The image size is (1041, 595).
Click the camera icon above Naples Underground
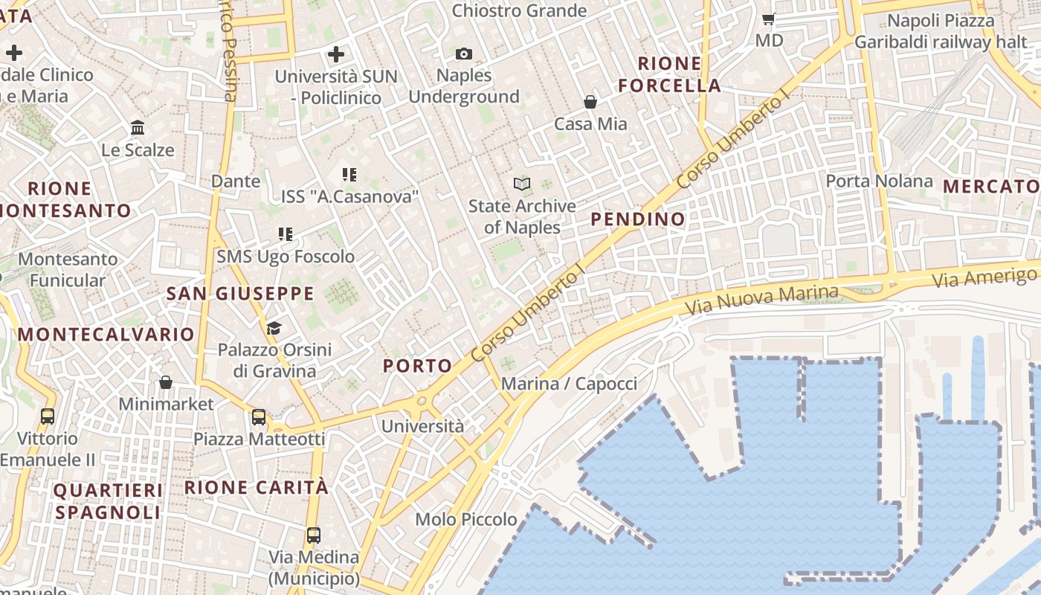point(463,54)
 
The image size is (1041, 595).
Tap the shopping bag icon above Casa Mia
point(590,102)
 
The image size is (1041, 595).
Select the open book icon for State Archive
point(522,184)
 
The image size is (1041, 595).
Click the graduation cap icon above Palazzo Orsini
point(274,328)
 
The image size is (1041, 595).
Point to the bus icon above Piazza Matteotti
point(259,417)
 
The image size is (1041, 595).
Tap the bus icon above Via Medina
point(314,535)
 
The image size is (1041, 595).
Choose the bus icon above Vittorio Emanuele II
point(48,416)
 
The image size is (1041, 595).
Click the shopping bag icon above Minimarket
point(166,382)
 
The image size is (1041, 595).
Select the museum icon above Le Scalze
point(138,128)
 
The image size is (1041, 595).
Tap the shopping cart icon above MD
point(769,19)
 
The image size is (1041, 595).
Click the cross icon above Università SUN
point(336,54)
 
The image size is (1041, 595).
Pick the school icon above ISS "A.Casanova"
point(349,175)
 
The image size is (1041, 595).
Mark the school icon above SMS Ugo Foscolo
point(286,234)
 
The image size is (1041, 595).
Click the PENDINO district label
point(638,219)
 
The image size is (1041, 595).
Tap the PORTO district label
point(417,365)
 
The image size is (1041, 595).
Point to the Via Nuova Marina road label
point(761,300)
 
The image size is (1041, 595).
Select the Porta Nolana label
point(879,181)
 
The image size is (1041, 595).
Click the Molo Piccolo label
point(466,519)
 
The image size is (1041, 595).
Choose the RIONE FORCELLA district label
point(670,74)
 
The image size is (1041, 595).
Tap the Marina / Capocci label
point(569,384)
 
